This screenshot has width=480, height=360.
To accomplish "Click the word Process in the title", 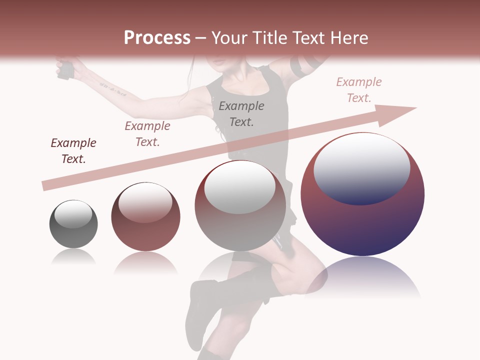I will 157,37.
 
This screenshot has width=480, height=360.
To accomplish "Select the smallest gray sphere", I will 73,224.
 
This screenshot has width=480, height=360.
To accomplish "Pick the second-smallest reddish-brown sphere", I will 145,216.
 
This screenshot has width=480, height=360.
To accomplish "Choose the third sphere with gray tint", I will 240,205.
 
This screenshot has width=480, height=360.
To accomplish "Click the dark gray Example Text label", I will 241,113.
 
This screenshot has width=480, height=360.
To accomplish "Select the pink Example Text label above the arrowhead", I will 358,90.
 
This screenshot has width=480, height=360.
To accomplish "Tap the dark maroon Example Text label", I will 73,151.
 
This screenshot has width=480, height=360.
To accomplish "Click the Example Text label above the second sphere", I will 147,133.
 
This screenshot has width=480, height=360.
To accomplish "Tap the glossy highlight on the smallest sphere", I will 73,214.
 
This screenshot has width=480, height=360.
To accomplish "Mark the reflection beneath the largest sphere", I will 362,277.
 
